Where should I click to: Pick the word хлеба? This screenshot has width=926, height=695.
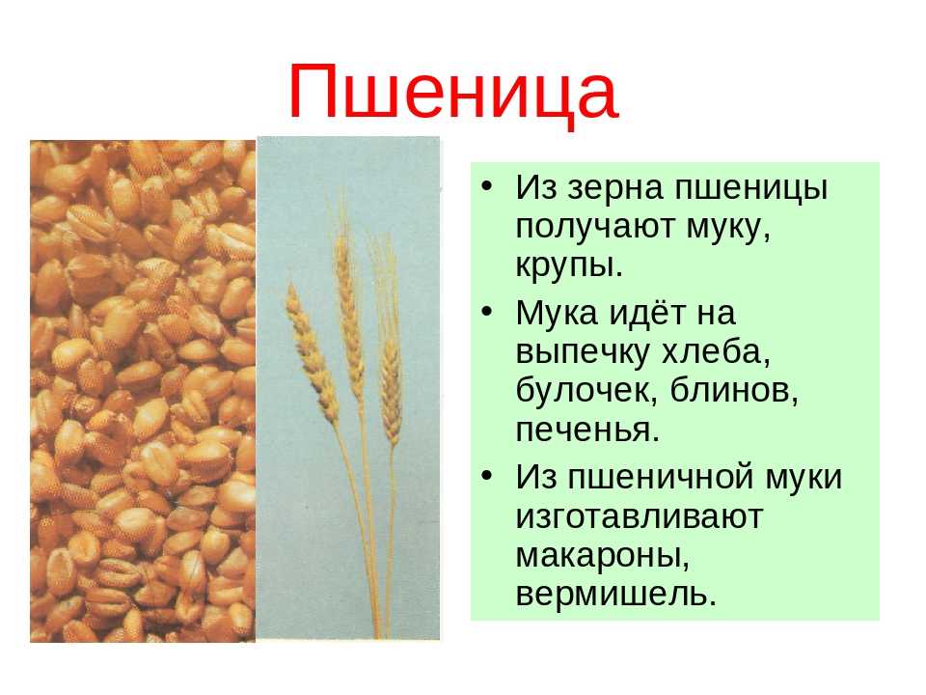715,352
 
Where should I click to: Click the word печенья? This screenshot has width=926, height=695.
587,431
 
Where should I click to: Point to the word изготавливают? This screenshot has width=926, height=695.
640,516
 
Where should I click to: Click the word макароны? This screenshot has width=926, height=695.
603,557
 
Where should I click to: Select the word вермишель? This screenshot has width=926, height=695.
616,595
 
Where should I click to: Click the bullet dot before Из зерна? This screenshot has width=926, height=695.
486,186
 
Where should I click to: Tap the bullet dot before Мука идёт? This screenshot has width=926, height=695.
486,312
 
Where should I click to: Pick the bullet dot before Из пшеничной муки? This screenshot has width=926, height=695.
486,476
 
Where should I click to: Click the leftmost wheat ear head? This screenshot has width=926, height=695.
311,348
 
